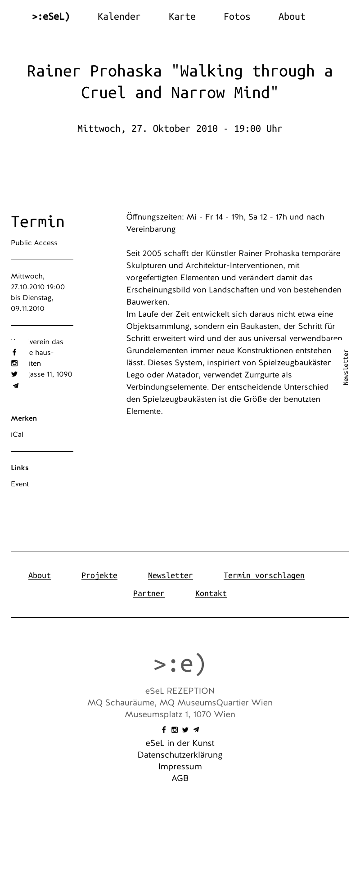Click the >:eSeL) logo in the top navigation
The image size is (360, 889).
point(51,17)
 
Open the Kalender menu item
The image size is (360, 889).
point(119,17)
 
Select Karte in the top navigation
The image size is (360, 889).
point(182,17)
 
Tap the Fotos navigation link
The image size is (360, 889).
point(237,17)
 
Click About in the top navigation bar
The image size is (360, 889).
point(292,17)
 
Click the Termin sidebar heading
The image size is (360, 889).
point(38,222)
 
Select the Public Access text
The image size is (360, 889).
point(34,243)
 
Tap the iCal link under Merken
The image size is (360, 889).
point(17,435)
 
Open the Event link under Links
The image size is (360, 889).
point(20,484)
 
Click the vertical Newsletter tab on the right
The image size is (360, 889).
point(346,367)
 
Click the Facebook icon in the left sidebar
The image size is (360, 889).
point(14,352)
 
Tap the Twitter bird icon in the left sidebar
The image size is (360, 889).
point(14,374)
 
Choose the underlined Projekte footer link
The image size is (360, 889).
point(99,575)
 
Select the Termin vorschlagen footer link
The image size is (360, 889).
point(264,575)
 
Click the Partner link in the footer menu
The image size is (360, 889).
point(148,593)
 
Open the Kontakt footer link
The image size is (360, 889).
point(211,593)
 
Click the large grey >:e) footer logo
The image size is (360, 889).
point(180,664)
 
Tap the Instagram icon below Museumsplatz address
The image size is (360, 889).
point(175,730)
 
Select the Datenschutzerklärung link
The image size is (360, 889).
point(180,755)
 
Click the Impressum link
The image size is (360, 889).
point(180,767)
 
